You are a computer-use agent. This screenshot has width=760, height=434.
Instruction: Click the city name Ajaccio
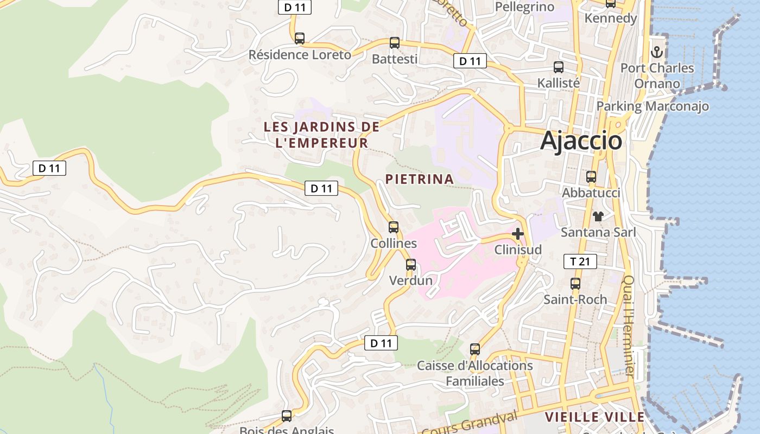tap(581, 141)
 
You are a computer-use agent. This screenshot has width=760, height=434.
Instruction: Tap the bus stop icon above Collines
tap(394, 227)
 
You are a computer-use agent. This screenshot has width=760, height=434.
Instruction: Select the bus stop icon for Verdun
tap(411, 265)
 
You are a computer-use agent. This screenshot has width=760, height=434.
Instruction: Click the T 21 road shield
tap(580, 261)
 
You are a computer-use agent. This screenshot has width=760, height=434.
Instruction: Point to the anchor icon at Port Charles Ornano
tap(657, 53)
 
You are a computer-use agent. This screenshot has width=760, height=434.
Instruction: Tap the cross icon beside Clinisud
tap(517, 234)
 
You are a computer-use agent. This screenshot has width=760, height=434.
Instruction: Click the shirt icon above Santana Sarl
tap(598, 216)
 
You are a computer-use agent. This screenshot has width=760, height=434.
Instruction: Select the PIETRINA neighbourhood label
tap(419, 179)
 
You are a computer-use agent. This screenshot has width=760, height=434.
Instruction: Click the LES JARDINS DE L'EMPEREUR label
tap(321, 135)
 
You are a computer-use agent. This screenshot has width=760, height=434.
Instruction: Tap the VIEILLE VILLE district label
tap(594, 417)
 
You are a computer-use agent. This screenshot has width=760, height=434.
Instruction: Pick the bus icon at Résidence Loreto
tap(299, 39)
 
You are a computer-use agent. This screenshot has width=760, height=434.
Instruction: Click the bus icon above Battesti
tap(395, 43)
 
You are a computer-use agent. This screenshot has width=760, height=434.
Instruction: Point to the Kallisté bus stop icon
tap(558, 67)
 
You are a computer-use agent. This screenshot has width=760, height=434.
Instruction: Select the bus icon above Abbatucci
tap(591, 177)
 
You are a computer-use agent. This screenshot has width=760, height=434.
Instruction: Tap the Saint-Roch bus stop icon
tap(575, 284)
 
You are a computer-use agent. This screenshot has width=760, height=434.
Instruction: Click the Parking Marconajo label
tap(653, 106)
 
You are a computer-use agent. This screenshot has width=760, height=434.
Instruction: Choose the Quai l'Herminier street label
tap(629, 325)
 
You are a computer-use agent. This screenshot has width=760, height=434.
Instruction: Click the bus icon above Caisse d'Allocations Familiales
tap(474, 349)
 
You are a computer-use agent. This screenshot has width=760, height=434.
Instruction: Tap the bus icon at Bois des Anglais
tap(286, 416)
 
